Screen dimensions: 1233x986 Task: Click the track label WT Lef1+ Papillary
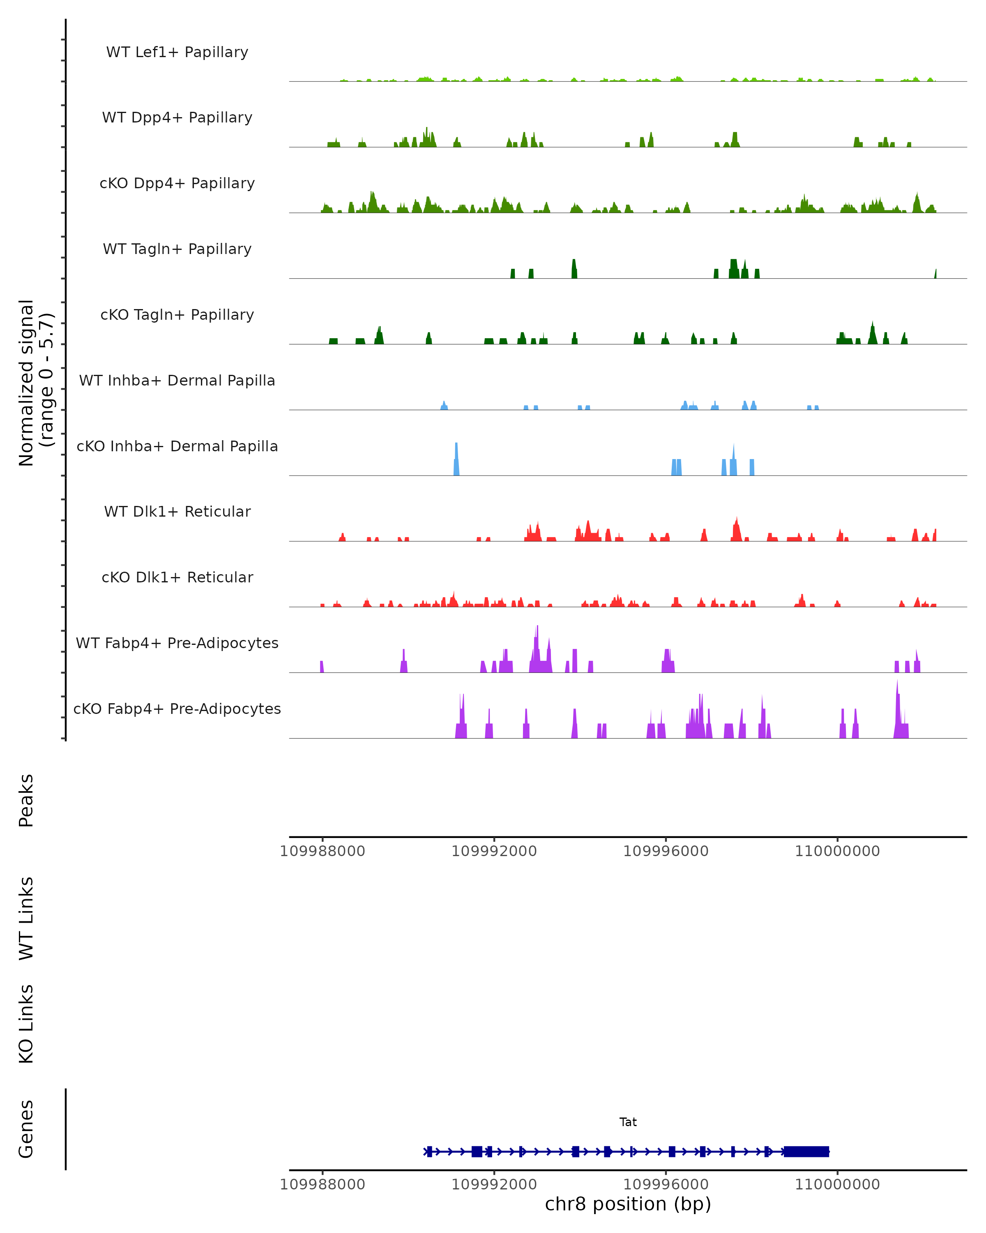(x=177, y=52)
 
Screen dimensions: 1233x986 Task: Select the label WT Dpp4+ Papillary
(x=177, y=118)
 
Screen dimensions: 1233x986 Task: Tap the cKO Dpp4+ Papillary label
(x=177, y=184)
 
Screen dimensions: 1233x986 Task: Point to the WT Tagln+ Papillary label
(x=177, y=249)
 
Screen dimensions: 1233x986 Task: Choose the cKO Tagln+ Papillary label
(x=177, y=315)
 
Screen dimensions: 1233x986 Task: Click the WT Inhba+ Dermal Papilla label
(x=177, y=381)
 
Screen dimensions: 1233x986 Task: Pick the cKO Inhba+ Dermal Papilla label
(x=177, y=447)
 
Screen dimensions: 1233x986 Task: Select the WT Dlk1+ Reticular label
(x=177, y=512)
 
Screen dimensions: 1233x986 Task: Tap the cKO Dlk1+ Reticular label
(x=177, y=577)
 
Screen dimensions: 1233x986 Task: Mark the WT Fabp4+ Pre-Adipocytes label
(x=177, y=643)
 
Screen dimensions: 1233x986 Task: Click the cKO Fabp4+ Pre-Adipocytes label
(x=177, y=709)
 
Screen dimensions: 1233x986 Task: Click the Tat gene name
(x=628, y=1122)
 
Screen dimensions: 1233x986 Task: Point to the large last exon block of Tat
(x=806, y=1152)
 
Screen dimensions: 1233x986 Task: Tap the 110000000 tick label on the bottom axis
(x=837, y=1185)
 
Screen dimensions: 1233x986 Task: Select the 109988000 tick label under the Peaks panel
(x=323, y=851)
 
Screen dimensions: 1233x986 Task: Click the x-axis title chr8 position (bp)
(x=628, y=1204)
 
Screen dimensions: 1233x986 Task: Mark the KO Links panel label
(x=26, y=1024)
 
